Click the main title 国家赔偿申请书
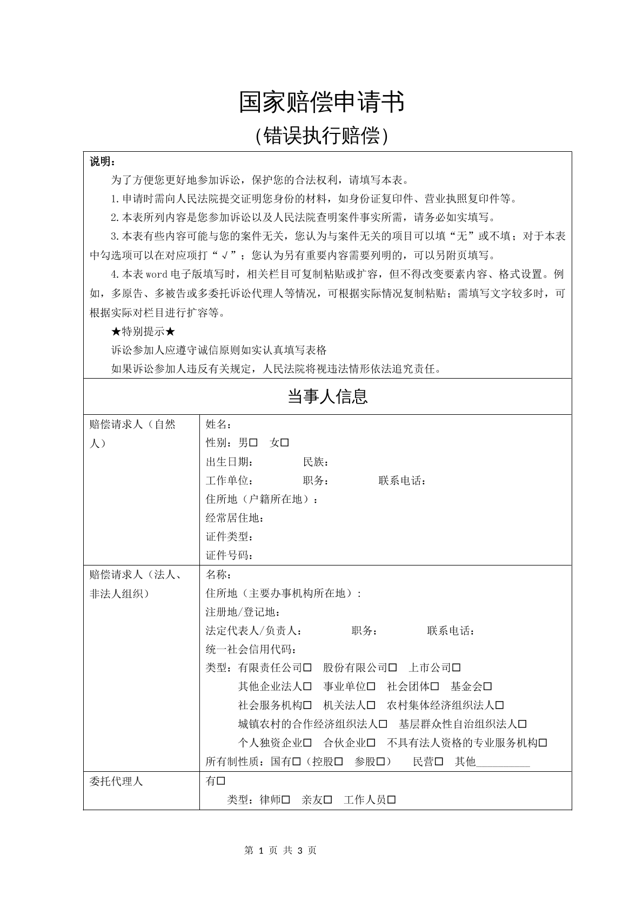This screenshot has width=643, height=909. click(x=321, y=103)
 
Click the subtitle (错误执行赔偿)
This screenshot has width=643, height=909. click(x=321, y=136)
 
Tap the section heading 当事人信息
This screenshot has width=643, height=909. click(x=327, y=397)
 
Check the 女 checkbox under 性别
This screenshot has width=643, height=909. click(x=285, y=443)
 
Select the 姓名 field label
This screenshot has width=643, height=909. click(x=219, y=425)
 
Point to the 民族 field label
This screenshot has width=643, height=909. click(x=316, y=462)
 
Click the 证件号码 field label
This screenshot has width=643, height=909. click(x=229, y=555)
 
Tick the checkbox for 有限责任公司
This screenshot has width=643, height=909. click(x=307, y=668)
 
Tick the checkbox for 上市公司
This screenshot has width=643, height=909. click(x=457, y=668)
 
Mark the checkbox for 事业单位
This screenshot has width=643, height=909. click(x=371, y=686)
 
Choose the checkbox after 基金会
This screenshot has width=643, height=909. click(x=488, y=686)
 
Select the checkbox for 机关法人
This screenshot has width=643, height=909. click(x=371, y=705)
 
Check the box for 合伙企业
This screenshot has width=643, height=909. click(x=371, y=743)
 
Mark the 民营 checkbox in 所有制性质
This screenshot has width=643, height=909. click(x=439, y=762)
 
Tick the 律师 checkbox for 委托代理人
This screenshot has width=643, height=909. click(x=286, y=799)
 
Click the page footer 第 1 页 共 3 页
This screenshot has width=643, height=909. click(x=280, y=850)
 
